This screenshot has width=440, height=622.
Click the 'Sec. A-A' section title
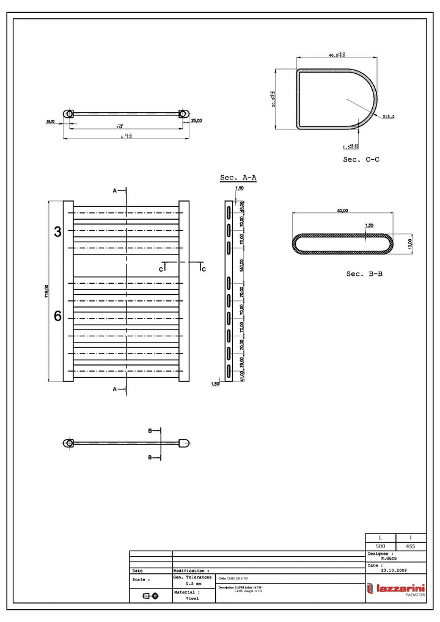click(x=238, y=178)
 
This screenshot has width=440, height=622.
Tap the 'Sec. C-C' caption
click(x=361, y=159)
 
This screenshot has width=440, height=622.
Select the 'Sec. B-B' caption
click(x=364, y=274)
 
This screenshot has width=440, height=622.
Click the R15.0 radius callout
click(x=389, y=117)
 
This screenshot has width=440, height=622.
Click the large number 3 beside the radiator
click(x=58, y=232)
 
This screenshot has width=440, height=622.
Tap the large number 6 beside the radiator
click(x=58, y=316)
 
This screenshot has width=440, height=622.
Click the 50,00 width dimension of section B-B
click(x=342, y=211)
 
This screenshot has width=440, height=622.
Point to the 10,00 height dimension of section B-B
click(x=411, y=243)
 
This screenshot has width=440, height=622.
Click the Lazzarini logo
click(x=396, y=589)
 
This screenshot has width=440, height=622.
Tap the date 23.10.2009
click(x=393, y=571)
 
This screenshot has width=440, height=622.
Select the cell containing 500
click(x=380, y=546)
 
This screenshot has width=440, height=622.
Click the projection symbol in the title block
click(x=150, y=595)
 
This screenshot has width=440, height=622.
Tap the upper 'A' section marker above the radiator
click(x=114, y=191)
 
